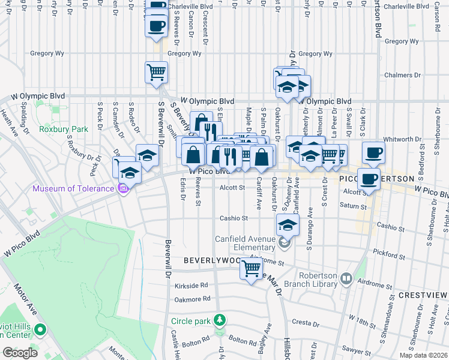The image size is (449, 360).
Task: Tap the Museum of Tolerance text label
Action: pos(73,188)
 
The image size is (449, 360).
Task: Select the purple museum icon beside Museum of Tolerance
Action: pos(123,189)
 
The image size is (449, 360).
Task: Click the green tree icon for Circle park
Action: pos(220,320)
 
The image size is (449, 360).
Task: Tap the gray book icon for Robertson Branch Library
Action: pos(346,278)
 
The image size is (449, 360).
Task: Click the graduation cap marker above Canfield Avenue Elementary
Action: pos(288,225)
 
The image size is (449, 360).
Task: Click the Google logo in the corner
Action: pos(20,352)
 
